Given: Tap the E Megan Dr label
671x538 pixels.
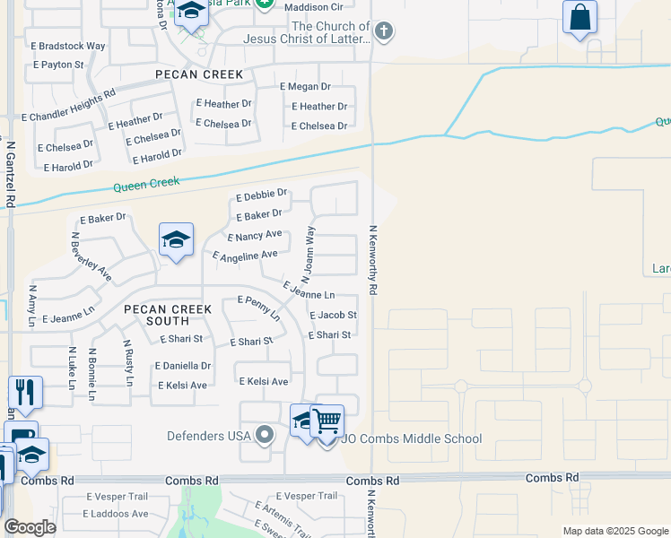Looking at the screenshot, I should [x=305, y=87].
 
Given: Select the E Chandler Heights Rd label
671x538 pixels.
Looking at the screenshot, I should [x=68, y=105].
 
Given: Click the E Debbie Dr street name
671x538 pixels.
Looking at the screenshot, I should [x=261, y=195].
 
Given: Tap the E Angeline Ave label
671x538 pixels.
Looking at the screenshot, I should [x=245, y=256].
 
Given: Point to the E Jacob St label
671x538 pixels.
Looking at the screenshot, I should [x=333, y=316].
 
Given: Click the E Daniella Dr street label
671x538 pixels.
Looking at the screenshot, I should [x=183, y=366].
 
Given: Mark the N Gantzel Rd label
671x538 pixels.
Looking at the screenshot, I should [x=11, y=174].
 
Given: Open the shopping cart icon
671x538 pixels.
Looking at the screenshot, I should [x=327, y=420].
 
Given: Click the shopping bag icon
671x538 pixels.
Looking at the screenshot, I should [x=579, y=16].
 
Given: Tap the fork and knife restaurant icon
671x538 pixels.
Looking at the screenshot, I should [x=25, y=392].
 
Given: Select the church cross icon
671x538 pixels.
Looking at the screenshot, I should [x=383, y=32].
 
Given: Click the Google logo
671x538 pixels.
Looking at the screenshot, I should [x=30, y=527].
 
